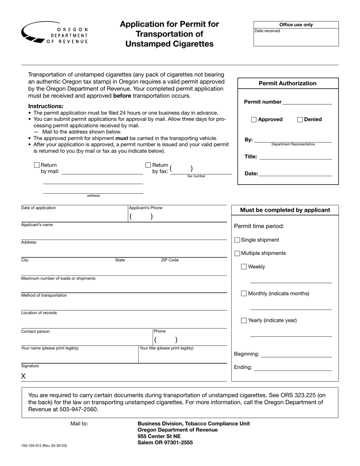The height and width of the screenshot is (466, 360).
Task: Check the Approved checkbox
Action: [x=254, y=120]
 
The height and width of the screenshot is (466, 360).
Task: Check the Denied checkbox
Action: [x=300, y=120]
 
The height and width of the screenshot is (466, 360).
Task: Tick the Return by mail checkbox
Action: [x=37, y=165]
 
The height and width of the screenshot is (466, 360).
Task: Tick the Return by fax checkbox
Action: [x=148, y=165]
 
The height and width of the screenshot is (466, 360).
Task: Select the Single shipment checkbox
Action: [x=237, y=240]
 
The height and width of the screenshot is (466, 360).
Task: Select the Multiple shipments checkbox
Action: [x=237, y=253]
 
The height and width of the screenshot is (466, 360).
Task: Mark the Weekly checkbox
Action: [x=244, y=267]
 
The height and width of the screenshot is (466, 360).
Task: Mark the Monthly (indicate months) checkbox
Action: [x=244, y=293]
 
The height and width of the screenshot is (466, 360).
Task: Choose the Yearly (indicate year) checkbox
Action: [x=244, y=321]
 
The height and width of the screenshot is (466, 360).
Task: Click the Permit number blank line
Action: [x=307, y=102]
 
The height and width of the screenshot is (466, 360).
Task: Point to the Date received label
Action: [x=267, y=31]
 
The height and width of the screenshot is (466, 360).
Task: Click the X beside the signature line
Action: [x=23, y=376]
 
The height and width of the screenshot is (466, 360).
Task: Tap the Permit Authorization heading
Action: [x=287, y=83]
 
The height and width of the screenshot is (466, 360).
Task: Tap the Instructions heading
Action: [x=46, y=106]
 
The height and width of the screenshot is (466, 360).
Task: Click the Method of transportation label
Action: [x=44, y=296]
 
